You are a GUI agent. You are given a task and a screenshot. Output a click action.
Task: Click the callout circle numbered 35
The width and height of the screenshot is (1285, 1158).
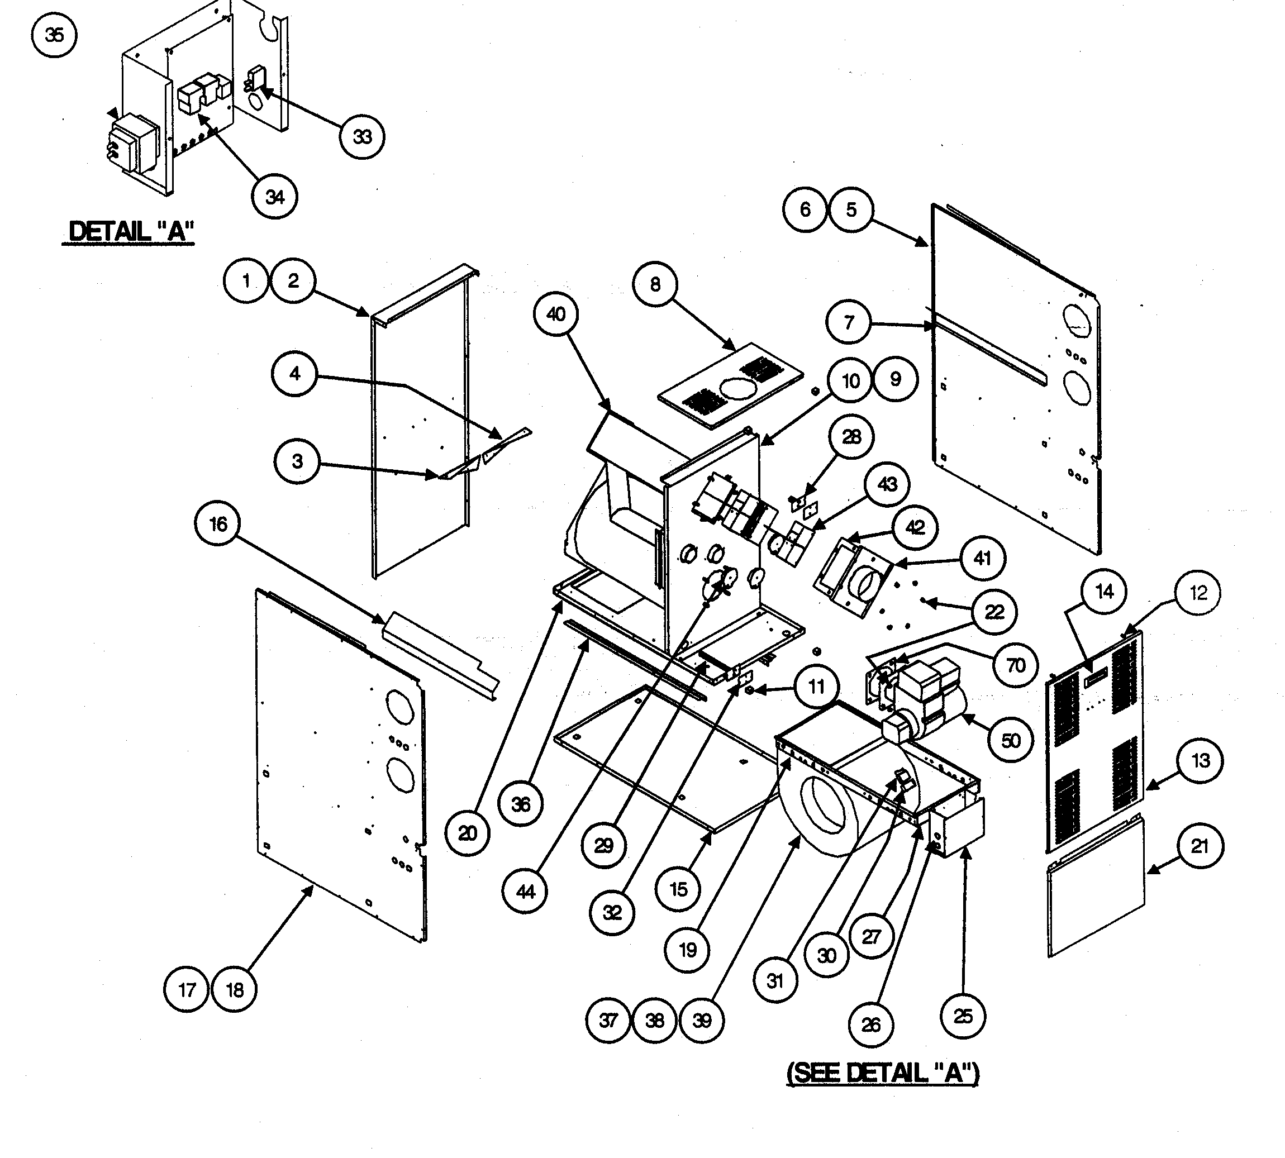54,35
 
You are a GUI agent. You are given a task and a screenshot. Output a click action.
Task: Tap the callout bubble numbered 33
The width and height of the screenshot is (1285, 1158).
361,136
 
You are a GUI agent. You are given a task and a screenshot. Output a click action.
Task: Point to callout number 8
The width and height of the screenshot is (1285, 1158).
655,284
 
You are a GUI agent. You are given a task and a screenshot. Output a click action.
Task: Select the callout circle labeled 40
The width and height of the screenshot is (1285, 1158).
556,314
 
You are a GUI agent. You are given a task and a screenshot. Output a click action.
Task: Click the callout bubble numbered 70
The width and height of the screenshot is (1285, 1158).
1015,665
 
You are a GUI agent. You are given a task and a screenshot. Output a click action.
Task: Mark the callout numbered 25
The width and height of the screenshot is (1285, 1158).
963,1016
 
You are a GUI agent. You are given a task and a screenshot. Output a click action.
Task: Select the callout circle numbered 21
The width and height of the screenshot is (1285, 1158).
1199,846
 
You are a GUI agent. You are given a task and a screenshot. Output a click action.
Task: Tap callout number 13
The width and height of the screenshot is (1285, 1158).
1200,760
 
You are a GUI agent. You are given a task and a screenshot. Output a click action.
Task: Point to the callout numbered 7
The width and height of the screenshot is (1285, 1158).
849,322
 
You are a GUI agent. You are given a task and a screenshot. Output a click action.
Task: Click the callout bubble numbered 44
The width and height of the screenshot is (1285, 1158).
525,892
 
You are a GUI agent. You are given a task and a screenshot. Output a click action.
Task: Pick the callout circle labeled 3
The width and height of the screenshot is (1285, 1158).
297,461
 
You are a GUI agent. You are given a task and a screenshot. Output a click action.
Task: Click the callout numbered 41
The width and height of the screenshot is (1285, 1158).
982,559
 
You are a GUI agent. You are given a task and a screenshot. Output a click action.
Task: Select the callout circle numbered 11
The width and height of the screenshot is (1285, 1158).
816,687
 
